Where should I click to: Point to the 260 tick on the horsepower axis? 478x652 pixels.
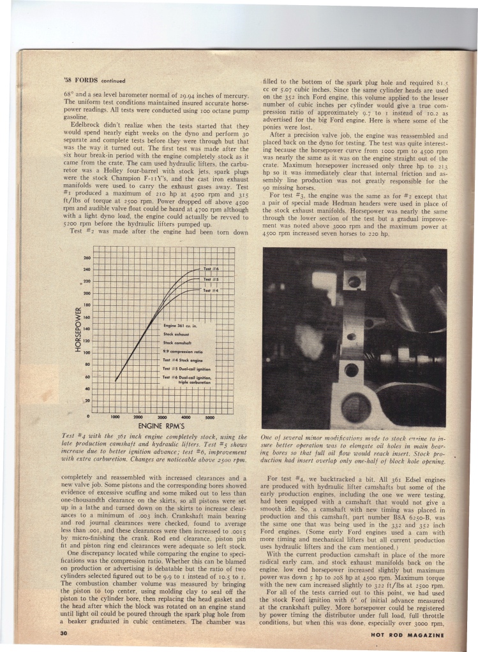point(88,259)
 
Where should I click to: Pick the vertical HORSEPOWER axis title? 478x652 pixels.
point(76,330)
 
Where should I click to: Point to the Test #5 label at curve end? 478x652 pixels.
point(211,280)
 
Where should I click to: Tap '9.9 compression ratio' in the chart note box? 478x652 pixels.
point(181,351)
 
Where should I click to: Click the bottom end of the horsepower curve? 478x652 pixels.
point(116,381)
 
